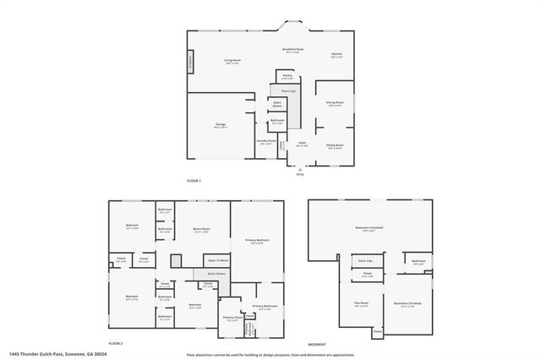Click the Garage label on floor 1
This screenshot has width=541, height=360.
pyautogui.click(x=220, y=125)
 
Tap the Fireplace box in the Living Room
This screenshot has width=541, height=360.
pyautogui.click(x=190, y=63)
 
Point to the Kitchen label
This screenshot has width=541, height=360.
pyautogui.click(x=336, y=55)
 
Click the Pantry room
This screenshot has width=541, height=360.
pyautogui.click(x=287, y=76)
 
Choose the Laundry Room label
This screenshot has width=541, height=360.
pyautogui.click(x=266, y=141)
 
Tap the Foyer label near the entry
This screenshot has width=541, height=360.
pyautogui.click(x=300, y=144)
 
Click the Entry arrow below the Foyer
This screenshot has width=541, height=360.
pyautogui.click(x=298, y=169)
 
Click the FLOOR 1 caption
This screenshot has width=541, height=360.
pyautogui.click(x=196, y=181)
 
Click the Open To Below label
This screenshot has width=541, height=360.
pyautogui.click(x=216, y=261)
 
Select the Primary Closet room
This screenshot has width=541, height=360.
pyautogui.click(x=232, y=318)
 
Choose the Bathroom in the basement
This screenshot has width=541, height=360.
pyautogui.click(x=418, y=262)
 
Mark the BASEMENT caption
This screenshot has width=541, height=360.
pyautogui.click(x=317, y=345)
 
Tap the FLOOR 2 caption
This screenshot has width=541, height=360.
pyautogui.click(x=115, y=345)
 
